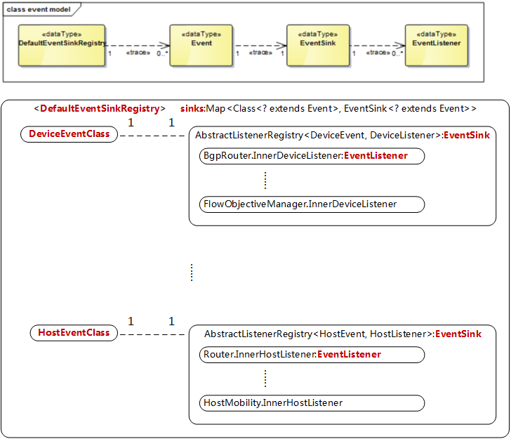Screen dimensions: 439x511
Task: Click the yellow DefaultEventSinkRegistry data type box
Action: click(x=62, y=46)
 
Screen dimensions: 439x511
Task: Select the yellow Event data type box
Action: click(x=201, y=46)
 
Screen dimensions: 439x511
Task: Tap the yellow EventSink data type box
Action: click(x=318, y=46)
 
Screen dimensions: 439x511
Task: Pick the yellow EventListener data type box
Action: click(x=436, y=46)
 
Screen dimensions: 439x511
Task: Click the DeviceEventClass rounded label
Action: click(x=69, y=134)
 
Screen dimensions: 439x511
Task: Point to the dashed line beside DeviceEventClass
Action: click(x=151, y=135)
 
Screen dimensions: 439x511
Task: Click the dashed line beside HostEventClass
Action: click(x=151, y=334)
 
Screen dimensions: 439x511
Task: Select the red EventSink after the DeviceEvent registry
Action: click(x=467, y=135)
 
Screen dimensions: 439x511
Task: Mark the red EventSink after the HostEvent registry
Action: click(x=458, y=334)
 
